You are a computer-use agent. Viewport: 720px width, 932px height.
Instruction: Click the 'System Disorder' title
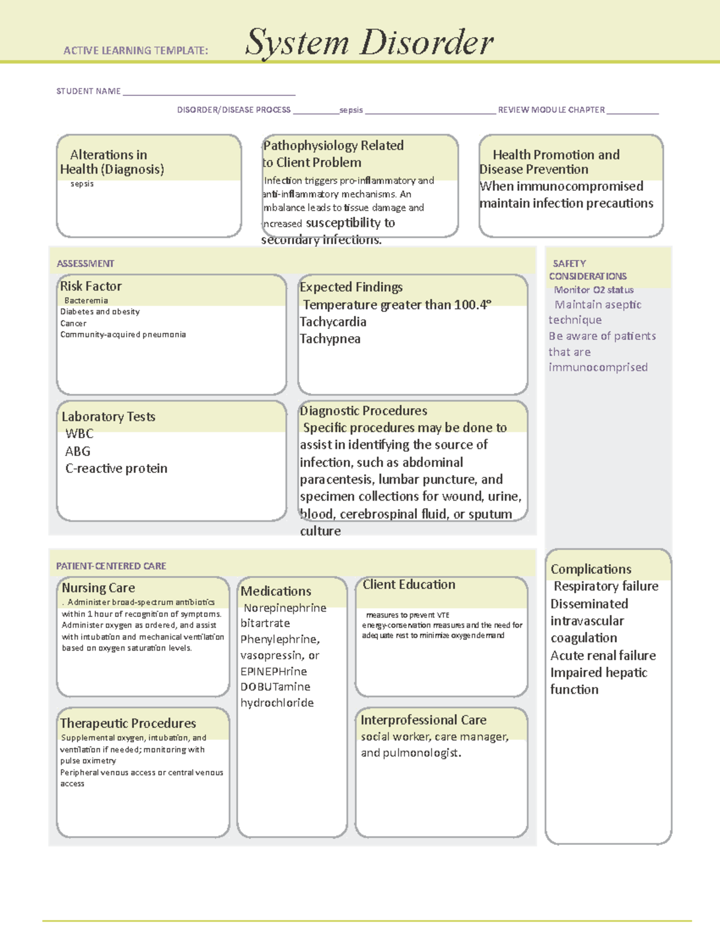tap(369, 43)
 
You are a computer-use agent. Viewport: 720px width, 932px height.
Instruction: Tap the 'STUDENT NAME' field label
tap(88, 91)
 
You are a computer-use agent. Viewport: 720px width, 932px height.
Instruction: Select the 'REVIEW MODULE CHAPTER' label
tap(551, 110)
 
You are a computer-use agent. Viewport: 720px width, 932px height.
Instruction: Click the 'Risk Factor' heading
tap(91, 286)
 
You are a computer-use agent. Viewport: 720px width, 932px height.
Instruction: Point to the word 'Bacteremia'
tap(86, 301)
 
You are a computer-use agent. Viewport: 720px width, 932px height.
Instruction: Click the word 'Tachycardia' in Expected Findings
tap(333, 322)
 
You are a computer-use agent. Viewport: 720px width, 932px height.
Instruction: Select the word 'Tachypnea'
tap(330, 339)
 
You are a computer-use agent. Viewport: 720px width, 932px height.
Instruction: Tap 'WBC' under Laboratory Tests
tap(79, 433)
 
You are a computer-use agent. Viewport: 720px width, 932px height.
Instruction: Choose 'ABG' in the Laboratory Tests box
tap(78, 451)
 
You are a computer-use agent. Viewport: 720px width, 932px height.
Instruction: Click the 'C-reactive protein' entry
tap(116, 469)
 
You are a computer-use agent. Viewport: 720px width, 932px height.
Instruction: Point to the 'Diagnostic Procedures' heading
tap(364, 411)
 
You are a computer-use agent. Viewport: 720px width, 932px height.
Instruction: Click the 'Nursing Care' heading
tap(98, 588)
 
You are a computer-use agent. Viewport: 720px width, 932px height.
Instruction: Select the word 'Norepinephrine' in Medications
tap(285, 608)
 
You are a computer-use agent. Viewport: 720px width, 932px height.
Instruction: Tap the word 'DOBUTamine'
tap(275, 687)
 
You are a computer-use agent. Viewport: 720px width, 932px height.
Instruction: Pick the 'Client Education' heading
tap(409, 585)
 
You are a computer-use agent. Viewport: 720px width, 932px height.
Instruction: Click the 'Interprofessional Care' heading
tap(423, 720)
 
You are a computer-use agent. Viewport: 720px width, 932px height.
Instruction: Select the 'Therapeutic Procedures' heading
tap(128, 723)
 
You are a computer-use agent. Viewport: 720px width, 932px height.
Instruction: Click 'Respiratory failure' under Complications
tap(606, 586)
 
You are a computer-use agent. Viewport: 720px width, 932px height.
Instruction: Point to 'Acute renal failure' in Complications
tap(603, 655)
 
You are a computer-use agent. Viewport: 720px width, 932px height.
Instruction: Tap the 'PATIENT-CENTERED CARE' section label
tap(111, 566)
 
